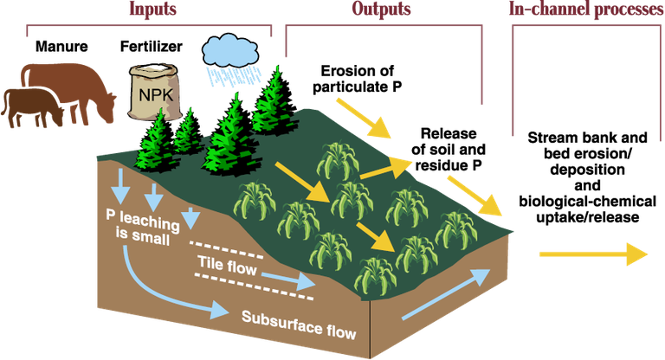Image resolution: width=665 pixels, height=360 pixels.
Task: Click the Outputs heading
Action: click(380, 10)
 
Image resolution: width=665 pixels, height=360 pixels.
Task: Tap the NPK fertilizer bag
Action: click(155, 90)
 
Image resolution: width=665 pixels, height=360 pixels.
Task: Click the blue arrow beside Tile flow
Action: click(287, 280)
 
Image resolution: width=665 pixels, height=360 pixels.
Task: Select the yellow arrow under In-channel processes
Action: click(592, 254)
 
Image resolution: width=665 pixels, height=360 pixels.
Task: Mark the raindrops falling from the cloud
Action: click(229, 75)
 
